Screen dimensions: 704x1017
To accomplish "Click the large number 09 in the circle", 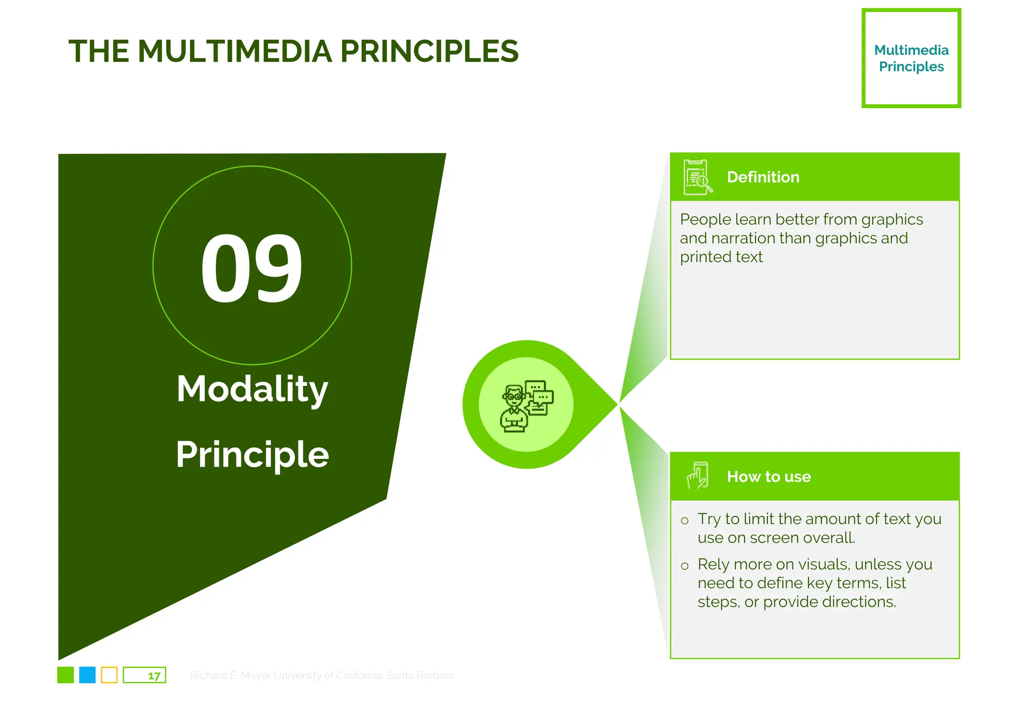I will click(x=252, y=269).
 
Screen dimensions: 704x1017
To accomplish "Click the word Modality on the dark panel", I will click(x=252, y=389).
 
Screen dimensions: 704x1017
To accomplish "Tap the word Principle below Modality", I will click(x=252, y=454).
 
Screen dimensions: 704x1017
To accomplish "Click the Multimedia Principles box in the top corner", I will click(x=911, y=58).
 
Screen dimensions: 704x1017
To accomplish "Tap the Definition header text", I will click(x=763, y=177).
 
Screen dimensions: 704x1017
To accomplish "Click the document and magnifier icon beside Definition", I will click(x=697, y=177).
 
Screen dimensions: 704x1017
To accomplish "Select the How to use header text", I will click(x=768, y=477).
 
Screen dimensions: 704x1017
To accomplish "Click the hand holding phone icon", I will click(x=697, y=476).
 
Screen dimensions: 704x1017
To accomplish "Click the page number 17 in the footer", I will click(x=154, y=676).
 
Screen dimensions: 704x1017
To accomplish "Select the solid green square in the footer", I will click(x=66, y=675).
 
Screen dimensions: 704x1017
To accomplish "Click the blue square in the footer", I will click(x=87, y=675).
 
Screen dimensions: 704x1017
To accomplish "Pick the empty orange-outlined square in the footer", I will click(x=109, y=675).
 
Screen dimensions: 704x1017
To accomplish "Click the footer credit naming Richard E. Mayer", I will click(x=322, y=675).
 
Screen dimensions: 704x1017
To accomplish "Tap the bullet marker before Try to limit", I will click(x=685, y=520).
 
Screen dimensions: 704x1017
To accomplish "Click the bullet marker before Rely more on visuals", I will click(x=685, y=566).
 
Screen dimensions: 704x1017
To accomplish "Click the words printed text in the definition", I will click(x=721, y=257).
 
